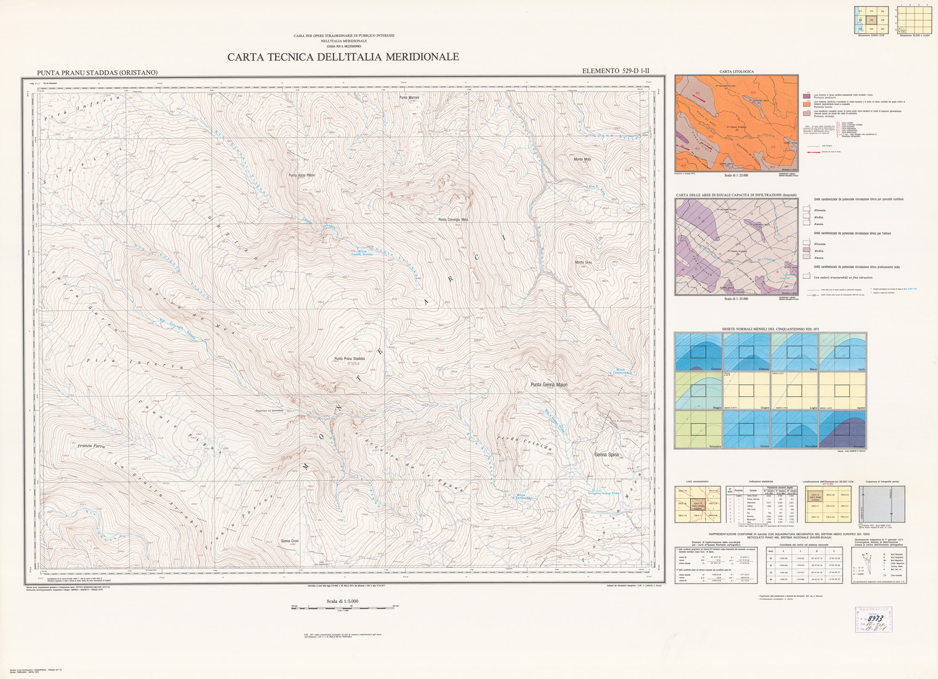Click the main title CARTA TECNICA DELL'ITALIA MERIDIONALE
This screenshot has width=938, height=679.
click(x=343, y=57)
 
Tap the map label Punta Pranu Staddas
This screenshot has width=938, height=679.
click(x=350, y=359)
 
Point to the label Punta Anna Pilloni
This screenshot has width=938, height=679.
click(x=301, y=175)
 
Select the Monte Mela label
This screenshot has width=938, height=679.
click(x=582, y=160)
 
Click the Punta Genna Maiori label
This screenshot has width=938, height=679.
click(x=549, y=385)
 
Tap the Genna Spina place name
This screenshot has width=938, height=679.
click(x=606, y=454)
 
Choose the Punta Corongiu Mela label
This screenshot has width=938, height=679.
click(x=453, y=219)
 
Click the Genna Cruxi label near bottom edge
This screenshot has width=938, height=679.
click(x=290, y=541)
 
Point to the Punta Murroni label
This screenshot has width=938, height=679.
click(x=409, y=97)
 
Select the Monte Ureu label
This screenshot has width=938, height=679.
click(x=583, y=262)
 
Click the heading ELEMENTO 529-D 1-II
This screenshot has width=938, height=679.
click(x=615, y=71)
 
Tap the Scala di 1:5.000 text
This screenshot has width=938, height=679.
click(x=342, y=601)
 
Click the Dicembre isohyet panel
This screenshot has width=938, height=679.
click(x=842, y=430)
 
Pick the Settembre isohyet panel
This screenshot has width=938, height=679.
click(x=698, y=430)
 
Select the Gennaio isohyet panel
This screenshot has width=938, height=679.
click(x=698, y=352)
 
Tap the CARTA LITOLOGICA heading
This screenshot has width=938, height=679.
click(x=736, y=71)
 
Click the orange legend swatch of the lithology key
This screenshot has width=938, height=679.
click(x=806, y=104)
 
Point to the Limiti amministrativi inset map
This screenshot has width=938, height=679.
click(x=697, y=504)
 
